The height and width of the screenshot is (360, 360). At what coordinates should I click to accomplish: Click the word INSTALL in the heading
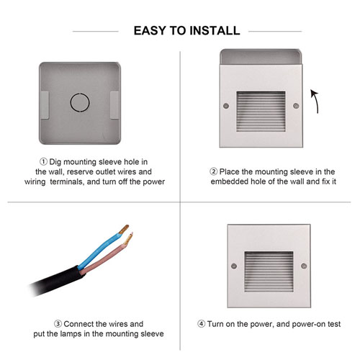pyautogui.click(x=215, y=31)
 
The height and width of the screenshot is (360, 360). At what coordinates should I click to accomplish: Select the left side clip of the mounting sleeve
pyautogui.click(x=45, y=105)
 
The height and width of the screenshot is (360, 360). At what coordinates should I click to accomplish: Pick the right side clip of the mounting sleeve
pyautogui.click(x=114, y=105)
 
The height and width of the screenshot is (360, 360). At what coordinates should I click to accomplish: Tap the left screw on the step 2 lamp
pyautogui.click(x=226, y=106)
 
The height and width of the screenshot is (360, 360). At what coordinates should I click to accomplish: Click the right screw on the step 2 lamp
pyautogui.click(x=296, y=106)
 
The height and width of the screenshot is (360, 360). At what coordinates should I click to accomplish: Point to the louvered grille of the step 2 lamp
pyautogui.click(x=261, y=111)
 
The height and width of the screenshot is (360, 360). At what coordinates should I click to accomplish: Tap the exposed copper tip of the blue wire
pyautogui.click(x=124, y=229)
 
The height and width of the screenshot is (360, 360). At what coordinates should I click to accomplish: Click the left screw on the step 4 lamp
pyautogui.click(x=234, y=266)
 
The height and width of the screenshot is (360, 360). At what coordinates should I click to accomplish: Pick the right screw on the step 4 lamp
pyautogui.click(x=304, y=266)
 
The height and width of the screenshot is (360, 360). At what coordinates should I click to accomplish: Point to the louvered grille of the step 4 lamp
pyautogui.click(x=269, y=271)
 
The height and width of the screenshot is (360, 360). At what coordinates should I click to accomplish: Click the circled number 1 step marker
pyautogui.click(x=43, y=162)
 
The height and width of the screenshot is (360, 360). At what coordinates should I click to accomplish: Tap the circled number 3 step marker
pyautogui.click(x=58, y=324)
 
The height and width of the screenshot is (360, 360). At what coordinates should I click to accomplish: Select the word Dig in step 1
pyautogui.click(x=55, y=162)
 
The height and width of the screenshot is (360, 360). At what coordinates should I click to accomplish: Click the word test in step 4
pyautogui.click(x=334, y=324)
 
